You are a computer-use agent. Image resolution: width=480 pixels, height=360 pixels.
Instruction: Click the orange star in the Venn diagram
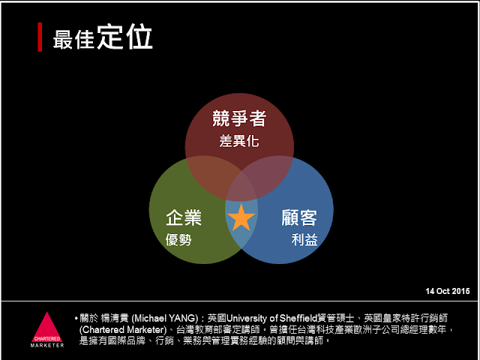tap(241, 217)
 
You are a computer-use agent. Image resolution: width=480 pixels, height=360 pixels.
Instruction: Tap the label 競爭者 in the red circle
tap(239, 118)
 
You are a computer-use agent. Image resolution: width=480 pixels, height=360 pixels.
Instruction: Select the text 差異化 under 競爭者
tap(239, 142)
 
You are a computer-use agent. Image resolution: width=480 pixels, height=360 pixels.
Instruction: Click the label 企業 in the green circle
tap(184, 217)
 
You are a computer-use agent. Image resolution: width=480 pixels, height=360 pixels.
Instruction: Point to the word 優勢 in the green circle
tap(178, 239)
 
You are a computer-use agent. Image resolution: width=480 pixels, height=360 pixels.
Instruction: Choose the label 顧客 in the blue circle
tap(299, 217)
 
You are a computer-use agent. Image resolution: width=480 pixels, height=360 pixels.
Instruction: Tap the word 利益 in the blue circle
tap(304, 239)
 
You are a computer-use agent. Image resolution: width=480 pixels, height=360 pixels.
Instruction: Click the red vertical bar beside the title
tap(40, 37)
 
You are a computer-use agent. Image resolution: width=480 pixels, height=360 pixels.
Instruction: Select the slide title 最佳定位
tap(103, 37)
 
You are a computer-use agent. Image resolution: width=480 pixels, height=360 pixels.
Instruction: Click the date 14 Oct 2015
tap(448, 291)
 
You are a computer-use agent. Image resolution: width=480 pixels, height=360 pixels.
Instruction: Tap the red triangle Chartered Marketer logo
tap(47, 327)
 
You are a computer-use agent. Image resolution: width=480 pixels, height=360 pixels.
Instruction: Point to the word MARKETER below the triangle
tap(47, 345)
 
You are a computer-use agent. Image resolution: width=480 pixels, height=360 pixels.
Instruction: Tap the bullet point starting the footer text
tap(76, 319)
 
